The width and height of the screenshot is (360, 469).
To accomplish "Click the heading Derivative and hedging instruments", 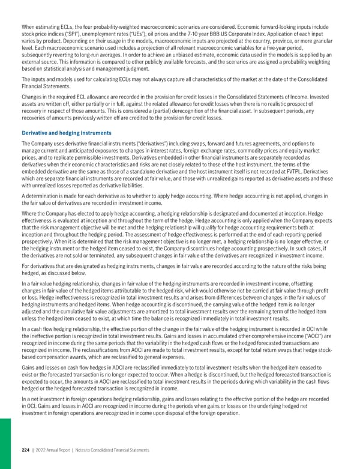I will click(62, 132).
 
